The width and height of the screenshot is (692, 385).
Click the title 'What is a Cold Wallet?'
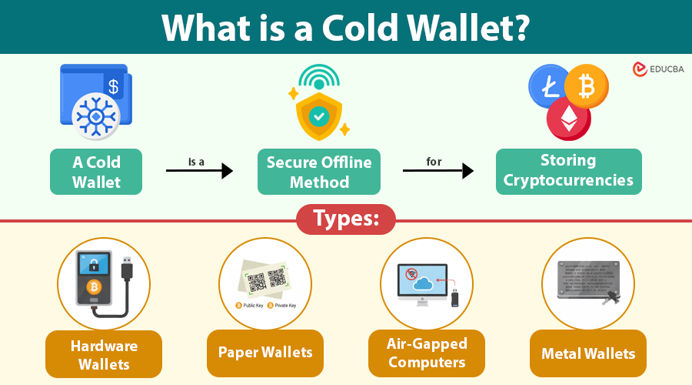pos(346,27)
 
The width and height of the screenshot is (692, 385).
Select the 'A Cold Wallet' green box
pos(96,171)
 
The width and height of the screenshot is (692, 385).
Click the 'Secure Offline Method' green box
pos(318,171)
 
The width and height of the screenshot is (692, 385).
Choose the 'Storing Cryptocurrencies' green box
pos(568,170)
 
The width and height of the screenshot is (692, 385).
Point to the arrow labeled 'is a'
pos(199,170)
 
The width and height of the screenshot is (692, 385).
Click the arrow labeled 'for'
pos(437,170)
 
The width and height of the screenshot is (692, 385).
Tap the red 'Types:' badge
pos(346,219)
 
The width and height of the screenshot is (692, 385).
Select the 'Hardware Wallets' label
pos(104,354)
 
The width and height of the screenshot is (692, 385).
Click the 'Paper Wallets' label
pos(265,353)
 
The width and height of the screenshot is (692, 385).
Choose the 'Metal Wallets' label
pos(588,353)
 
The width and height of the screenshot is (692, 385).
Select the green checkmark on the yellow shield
pos(318,115)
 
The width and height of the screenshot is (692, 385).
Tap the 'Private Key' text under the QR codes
pos(281,306)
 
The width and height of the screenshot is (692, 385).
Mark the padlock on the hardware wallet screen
pos(92,264)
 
